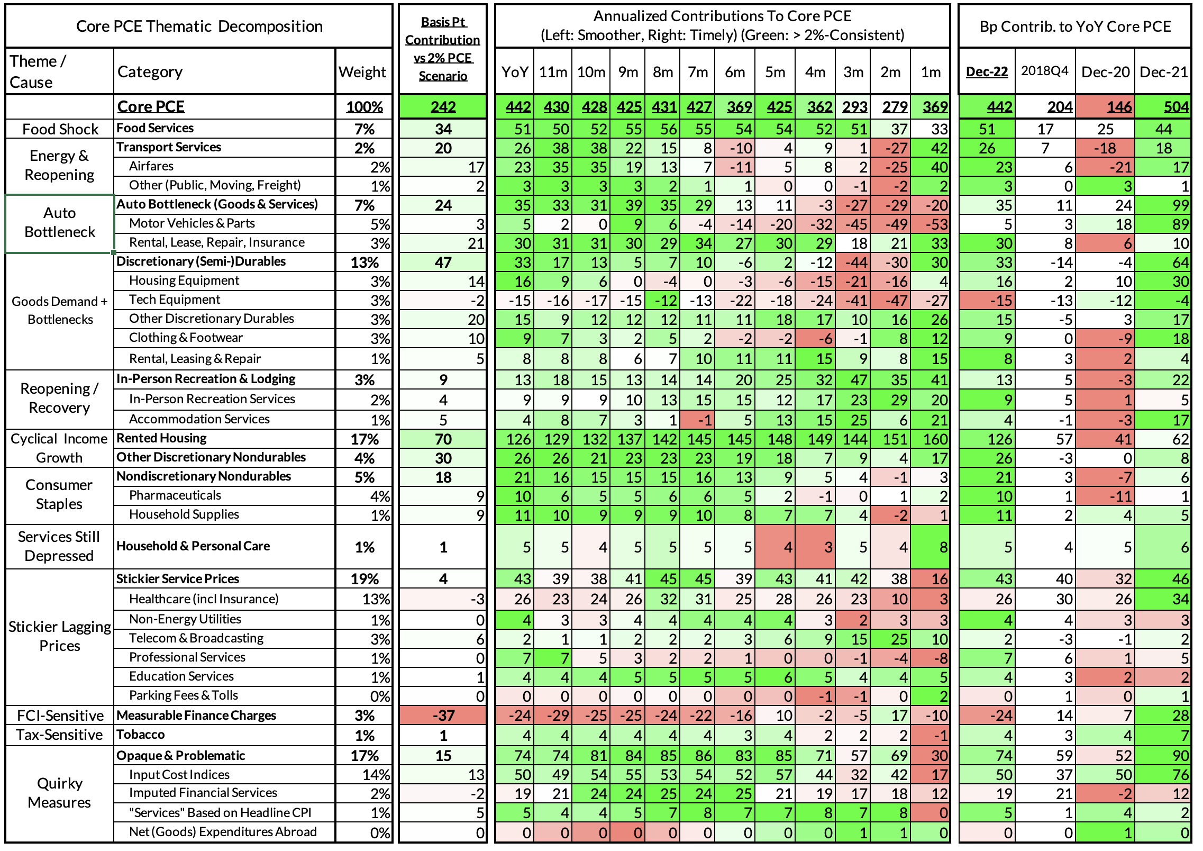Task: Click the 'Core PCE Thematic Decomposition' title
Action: (x=199, y=26)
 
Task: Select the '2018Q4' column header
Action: (x=1044, y=71)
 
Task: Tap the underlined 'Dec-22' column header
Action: (x=987, y=71)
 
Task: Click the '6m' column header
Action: (x=735, y=71)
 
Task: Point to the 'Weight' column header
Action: (x=362, y=71)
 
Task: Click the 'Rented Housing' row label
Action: (x=161, y=438)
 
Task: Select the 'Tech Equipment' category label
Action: (x=175, y=300)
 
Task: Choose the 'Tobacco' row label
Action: (x=140, y=735)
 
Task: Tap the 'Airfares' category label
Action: (x=151, y=166)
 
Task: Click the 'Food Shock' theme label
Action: (x=60, y=129)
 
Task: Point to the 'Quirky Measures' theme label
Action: (x=59, y=793)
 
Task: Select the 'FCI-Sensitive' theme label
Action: (x=60, y=716)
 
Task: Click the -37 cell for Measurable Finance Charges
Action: (x=443, y=716)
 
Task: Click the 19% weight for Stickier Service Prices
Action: (x=364, y=579)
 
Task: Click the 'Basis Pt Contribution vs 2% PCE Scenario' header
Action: (x=443, y=49)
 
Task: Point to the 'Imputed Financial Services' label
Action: (x=203, y=793)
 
